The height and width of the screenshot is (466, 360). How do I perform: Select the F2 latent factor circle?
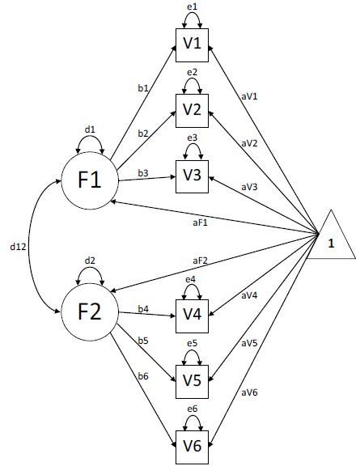88,311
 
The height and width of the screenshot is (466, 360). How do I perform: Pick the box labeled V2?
192,109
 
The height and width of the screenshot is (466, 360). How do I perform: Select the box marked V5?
192,379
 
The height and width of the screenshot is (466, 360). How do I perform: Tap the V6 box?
192,444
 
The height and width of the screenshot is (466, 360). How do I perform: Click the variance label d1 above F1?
89,129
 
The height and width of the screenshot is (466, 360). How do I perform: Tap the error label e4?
191,280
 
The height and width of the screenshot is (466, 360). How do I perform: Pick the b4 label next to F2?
142,308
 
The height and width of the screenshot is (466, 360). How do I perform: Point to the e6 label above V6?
191,411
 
